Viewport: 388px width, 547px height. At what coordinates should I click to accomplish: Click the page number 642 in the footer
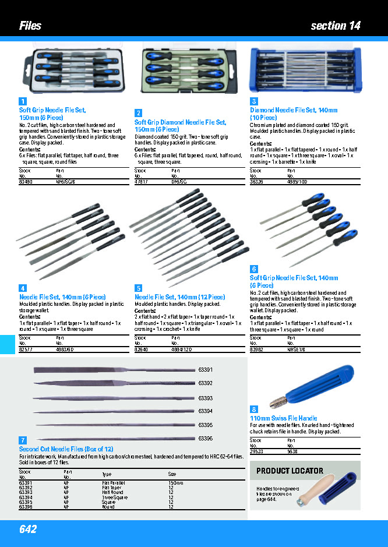[x=28, y=529]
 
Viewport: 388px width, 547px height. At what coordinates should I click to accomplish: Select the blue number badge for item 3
[x=254, y=101]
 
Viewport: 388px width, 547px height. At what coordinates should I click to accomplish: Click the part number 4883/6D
[x=65, y=348]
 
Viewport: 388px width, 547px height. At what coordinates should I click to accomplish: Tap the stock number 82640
[x=142, y=348]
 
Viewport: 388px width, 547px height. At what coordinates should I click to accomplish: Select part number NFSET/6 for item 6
[x=296, y=348]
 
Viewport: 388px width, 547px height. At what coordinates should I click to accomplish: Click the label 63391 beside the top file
[x=206, y=370]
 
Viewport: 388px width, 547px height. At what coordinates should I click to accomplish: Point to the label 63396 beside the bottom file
[x=206, y=438]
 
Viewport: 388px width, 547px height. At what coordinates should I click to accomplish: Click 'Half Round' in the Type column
[x=112, y=492]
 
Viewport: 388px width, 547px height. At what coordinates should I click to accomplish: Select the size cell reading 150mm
[x=176, y=483]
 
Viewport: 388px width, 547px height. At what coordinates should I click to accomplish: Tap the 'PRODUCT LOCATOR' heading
[x=290, y=471]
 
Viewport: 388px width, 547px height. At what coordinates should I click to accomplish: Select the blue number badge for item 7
[x=23, y=440]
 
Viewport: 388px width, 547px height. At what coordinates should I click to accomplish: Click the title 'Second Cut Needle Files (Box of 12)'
[x=66, y=449]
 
